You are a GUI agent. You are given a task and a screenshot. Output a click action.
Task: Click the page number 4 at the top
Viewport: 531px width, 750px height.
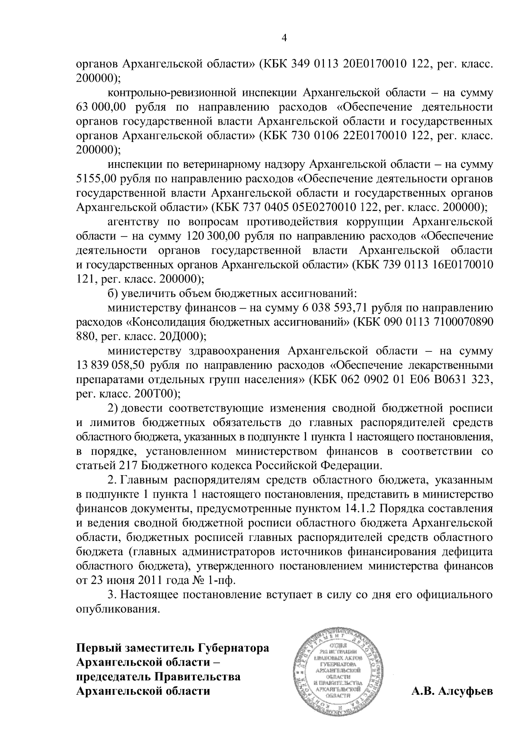click(284, 38)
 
